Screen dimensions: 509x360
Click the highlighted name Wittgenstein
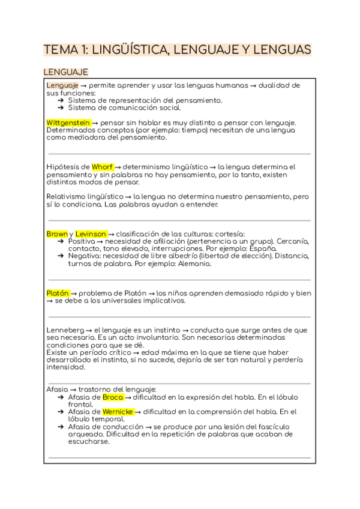click(x=68, y=122)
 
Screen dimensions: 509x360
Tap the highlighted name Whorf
click(x=103, y=167)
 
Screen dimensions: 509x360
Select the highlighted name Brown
click(x=57, y=233)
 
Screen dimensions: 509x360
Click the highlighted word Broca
click(x=113, y=397)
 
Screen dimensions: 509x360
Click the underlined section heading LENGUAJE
click(x=65, y=72)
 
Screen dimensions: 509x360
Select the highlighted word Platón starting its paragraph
click(x=58, y=293)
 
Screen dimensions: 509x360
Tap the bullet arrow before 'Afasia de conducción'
click(x=61, y=426)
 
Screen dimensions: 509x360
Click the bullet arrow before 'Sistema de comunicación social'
click(x=61, y=108)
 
